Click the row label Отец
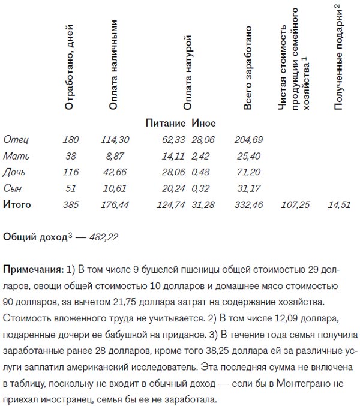click(16, 140)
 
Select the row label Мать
click(16, 156)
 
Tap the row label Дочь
click(15, 172)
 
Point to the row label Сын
click(13, 188)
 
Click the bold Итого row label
click(17, 204)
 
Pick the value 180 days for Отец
click(71, 140)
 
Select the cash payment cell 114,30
click(116, 140)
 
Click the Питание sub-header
click(166, 124)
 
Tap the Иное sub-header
click(203, 124)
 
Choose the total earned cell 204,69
click(249, 140)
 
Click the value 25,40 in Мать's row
click(249, 156)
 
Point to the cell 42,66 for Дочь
click(116, 172)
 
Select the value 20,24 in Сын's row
click(174, 188)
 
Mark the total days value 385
click(71, 204)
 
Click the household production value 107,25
click(295, 204)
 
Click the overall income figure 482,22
click(104, 237)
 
